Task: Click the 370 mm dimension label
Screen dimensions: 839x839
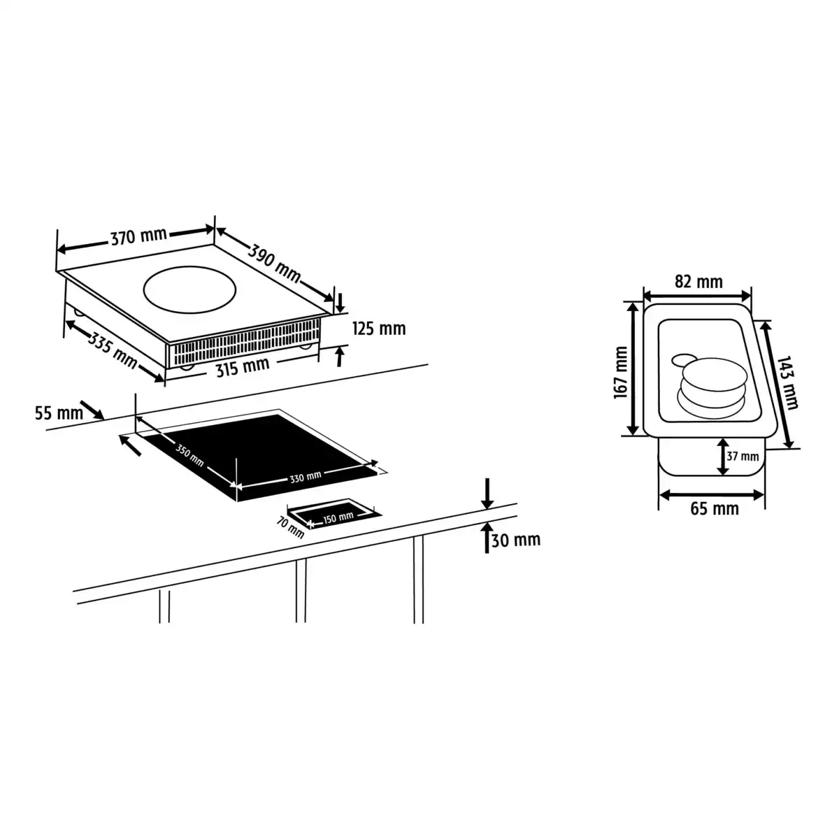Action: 138,237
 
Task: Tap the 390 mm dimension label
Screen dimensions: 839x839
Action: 275,264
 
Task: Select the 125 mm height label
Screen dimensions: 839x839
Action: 379,329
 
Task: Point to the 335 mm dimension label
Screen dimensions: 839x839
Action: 113,350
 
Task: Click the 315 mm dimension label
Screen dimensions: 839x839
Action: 243,367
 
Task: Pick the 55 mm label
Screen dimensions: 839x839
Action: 59,413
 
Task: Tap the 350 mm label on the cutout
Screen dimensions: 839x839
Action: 189,454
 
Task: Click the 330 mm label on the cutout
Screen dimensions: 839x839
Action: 306,478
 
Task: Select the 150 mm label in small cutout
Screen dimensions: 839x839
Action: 338,518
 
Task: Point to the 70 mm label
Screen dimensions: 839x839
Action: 290,527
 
